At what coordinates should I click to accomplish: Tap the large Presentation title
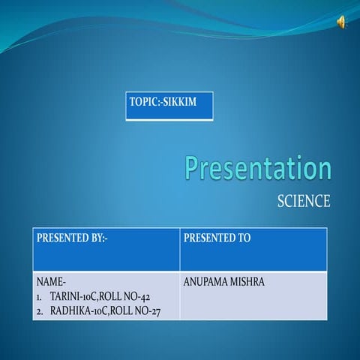(x=258, y=168)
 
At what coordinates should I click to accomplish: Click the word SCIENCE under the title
(x=303, y=201)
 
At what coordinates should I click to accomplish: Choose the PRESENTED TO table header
(x=217, y=238)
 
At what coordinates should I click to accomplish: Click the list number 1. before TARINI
(x=40, y=297)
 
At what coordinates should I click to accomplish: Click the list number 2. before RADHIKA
(x=40, y=310)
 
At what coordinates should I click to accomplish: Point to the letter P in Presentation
(x=194, y=168)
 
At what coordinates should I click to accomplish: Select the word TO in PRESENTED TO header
(x=243, y=238)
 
